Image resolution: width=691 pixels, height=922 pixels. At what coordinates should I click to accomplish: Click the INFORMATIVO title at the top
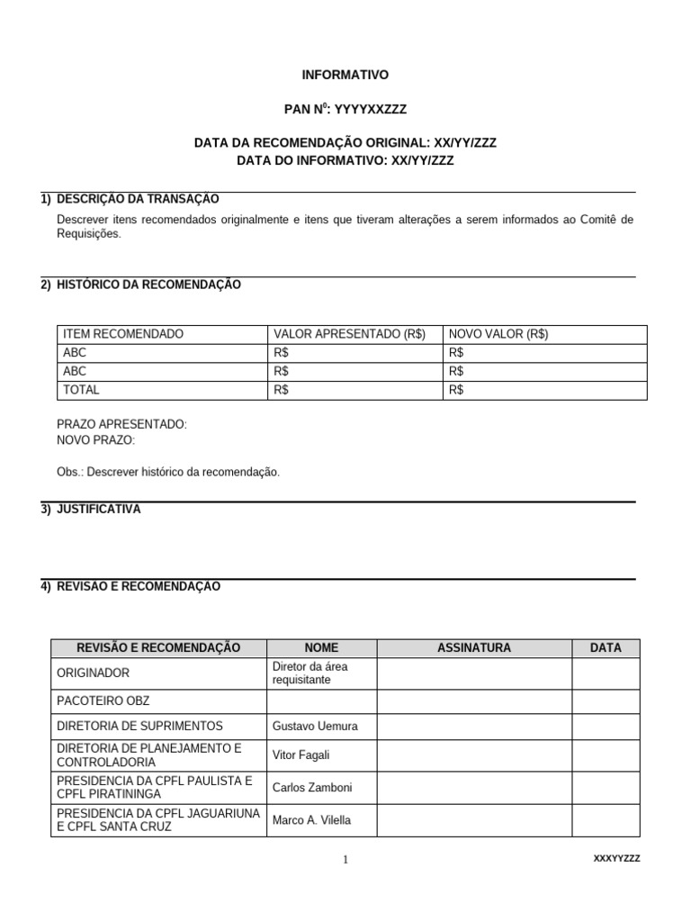[345, 76]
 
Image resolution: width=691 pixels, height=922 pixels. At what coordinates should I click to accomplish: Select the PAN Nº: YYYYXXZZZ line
[345, 109]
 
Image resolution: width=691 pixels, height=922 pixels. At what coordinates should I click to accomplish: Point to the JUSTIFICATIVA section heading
[98, 510]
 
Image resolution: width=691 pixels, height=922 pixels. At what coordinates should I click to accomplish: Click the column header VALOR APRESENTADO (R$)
[349, 334]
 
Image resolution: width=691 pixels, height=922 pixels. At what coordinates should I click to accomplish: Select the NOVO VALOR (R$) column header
[498, 334]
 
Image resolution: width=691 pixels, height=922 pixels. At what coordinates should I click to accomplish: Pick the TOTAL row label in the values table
[81, 390]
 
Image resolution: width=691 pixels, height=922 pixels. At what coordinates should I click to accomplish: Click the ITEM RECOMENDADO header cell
[122, 334]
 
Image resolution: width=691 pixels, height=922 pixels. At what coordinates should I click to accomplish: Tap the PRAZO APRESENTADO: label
[121, 424]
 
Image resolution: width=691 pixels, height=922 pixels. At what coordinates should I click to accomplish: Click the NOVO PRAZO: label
[95, 440]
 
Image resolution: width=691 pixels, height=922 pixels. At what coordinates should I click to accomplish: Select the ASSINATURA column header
[473, 647]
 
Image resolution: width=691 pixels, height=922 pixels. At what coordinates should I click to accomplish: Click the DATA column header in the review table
[606, 647]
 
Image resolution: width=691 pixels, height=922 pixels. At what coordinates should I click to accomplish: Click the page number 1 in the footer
[345, 860]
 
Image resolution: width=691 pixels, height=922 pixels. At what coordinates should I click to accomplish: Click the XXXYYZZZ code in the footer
[616, 859]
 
